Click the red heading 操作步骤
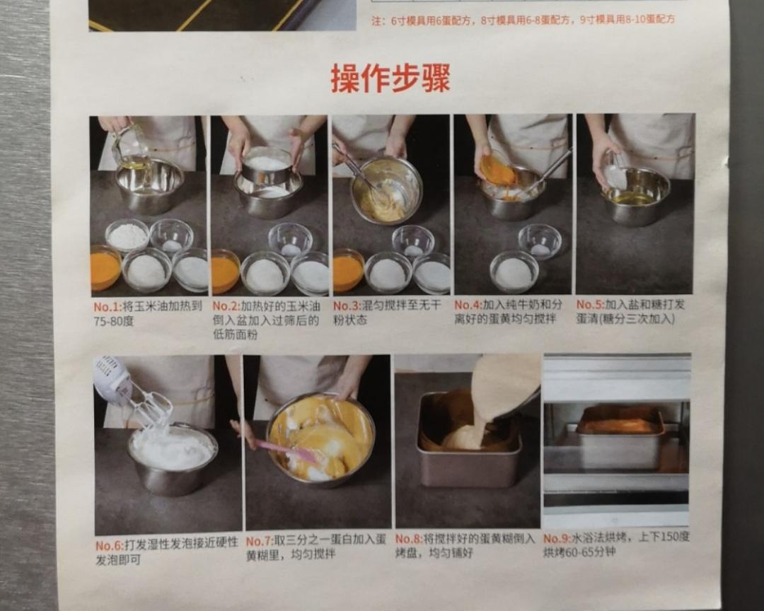[x=390, y=78]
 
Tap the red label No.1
[x=108, y=308]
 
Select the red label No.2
[x=226, y=306]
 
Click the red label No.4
[x=468, y=305]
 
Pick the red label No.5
[x=589, y=304]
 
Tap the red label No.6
[x=110, y=546]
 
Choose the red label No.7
[x=260, y=541]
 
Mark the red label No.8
[x=409, y=539]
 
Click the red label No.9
[x=557, y=538]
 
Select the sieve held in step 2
[x=267, y=165]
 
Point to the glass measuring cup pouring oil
[x=130, y=146]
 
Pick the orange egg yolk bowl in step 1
[x=105, y=269]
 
